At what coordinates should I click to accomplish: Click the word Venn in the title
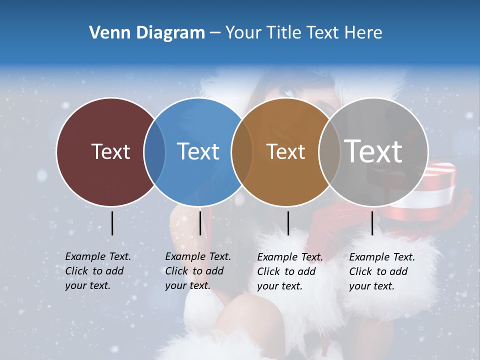click(x=107, y=33)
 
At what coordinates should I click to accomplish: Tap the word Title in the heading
click(x=283, y=33)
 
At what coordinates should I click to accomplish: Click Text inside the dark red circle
click(x=110, y=151)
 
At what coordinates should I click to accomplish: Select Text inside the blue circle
click(x=198, y=151)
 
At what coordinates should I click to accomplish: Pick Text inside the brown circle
click(x=285, y=152)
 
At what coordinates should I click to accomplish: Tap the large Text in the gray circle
click(x=373, y=151)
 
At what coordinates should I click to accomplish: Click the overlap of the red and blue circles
click(x=154, y=152)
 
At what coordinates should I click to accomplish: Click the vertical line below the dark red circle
click(x=112, y=223)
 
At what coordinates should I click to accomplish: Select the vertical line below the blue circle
click(x=200, y=223)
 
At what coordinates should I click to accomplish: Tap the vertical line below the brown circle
click(x=288, y=223)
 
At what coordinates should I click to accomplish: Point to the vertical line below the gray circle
click(x=372, y=223)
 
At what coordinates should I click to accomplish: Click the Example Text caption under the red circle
click(x=97, y=271)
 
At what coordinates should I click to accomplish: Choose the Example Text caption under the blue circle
click(x=197, y=271)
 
